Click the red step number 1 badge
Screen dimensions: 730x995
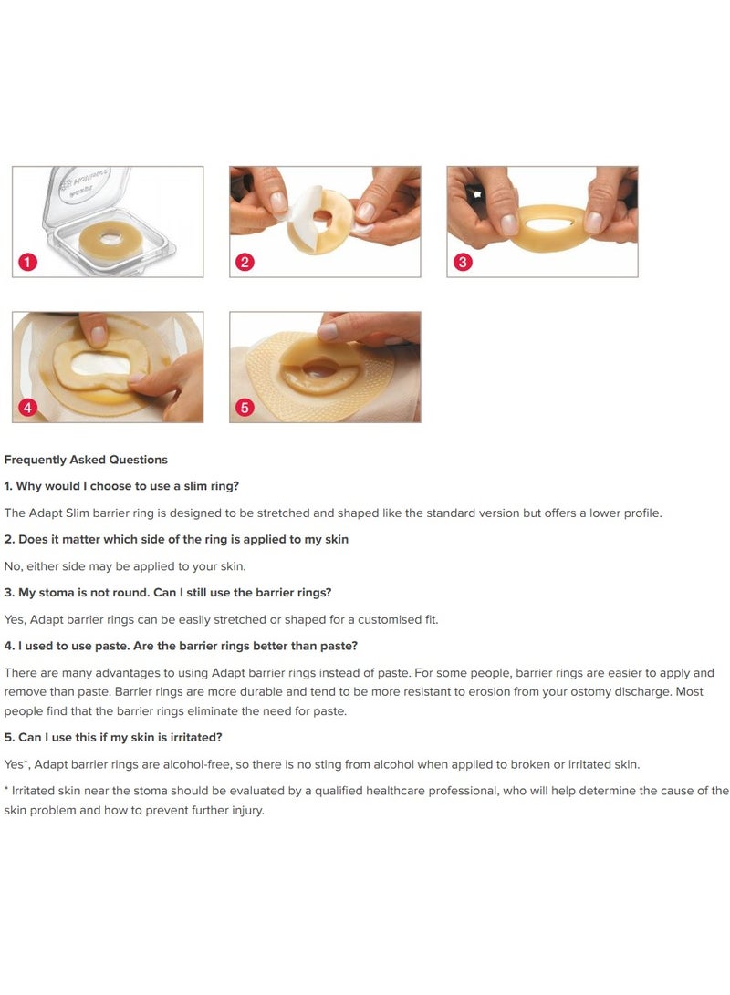[x=27, y=262]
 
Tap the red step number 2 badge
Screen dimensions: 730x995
[x=245, y=262]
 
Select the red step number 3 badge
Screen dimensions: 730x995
[x=462, y=262]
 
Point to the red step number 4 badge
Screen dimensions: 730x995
[x=27, y=407]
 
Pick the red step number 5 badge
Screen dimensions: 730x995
[x=245, y=407]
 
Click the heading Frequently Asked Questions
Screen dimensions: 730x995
[x=86, y=460]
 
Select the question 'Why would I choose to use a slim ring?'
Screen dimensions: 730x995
[x=121, y=486]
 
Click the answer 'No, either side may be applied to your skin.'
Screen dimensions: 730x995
[x=124, y=566]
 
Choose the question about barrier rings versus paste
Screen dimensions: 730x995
[x=181, y=646]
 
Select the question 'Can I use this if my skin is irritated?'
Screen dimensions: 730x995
[x=113, y=738]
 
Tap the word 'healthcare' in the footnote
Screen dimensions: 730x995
[x=395, y=791]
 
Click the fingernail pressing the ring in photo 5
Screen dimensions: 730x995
[x=328, y=331]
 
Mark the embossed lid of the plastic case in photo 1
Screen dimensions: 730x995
[x=85, y=192]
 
